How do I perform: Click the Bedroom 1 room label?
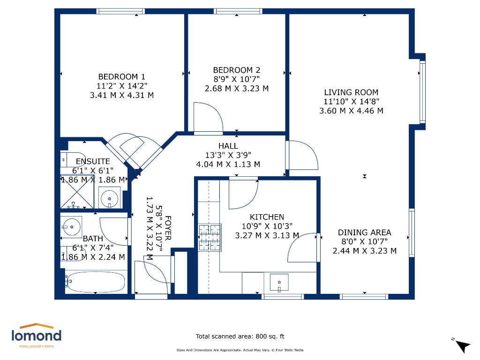pyautogui.click(x=122, y=76)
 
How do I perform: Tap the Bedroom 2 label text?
pyautogui.click(x=237, y=70)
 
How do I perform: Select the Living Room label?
pyautogui.click(x=351, y=92)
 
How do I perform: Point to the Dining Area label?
pyautogui.click(x=364, y=232)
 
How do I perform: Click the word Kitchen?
pyautogui.click(x=267, y=217)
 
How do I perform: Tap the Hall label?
pyautogui.click(x=228, y=146)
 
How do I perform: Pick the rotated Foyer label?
pyautogui.click(x=168, y=228)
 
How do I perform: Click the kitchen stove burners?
pyautogui.click(x=210, y=238)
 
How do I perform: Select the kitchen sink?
pyautogui.click(x=279, y=282)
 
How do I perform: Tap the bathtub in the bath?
pyautogui.click(x=96, y=282)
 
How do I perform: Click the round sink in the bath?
pyautogui.click(x=71, y=227)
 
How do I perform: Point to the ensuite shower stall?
pyautogui.click(x=77, y=192)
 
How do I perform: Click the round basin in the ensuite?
pyautogui.click(x=109, y=199)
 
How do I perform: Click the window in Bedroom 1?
pyautogui.click(x=120, y=11)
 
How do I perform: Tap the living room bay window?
pyautogui.click(x=422, y=92)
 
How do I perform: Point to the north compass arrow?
pyautogui.click(x=462, y=346)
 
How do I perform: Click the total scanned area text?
pyautogui.click(x=240, y=337)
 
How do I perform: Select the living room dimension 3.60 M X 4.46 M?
pyautogui.click(x=351, y=111)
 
